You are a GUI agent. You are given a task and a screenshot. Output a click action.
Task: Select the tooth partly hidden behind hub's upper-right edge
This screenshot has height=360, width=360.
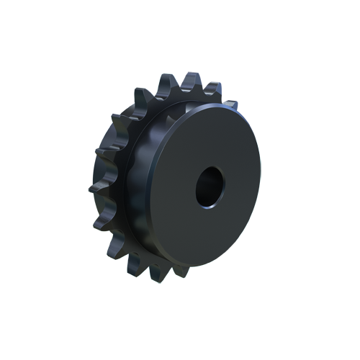coord(229,105)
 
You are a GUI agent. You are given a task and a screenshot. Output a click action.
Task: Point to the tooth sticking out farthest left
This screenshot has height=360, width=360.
coord(94,189)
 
